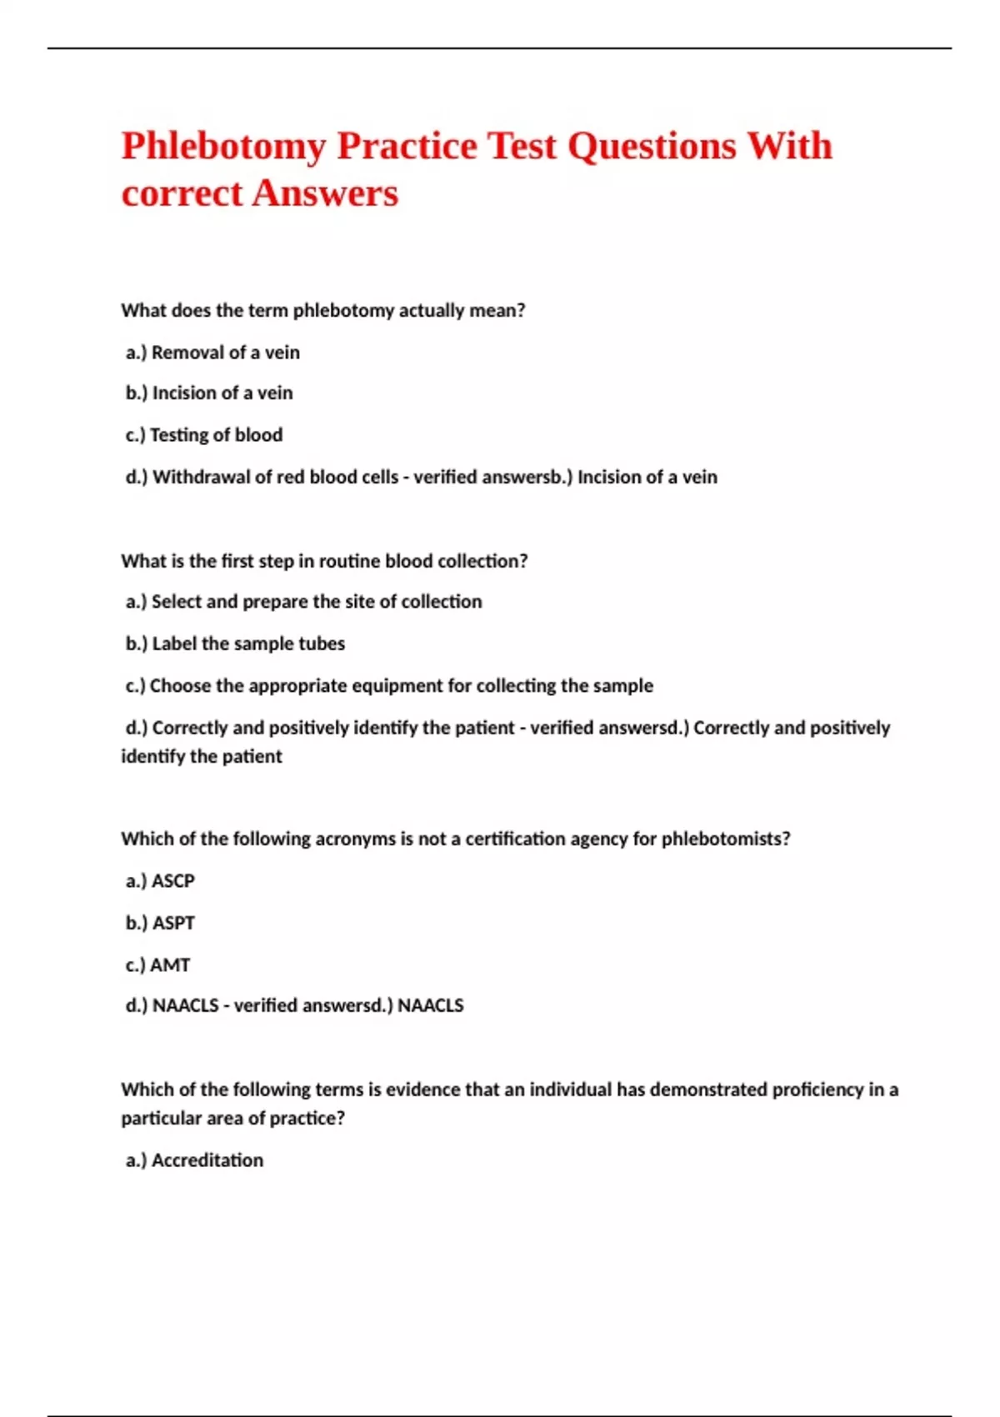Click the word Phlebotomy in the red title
(223, 147)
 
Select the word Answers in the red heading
(325, 193)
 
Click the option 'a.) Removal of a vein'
(212, 353)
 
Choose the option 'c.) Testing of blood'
(204, 435)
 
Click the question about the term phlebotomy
(322, 310)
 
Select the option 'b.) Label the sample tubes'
(235, 643)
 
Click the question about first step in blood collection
(324, 561)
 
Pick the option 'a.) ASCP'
(160, 881)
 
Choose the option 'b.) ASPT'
(160, 923)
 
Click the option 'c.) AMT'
(157, 964)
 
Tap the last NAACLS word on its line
(430, 1005)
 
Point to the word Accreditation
(207, 1160)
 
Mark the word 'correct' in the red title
(182, 193)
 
